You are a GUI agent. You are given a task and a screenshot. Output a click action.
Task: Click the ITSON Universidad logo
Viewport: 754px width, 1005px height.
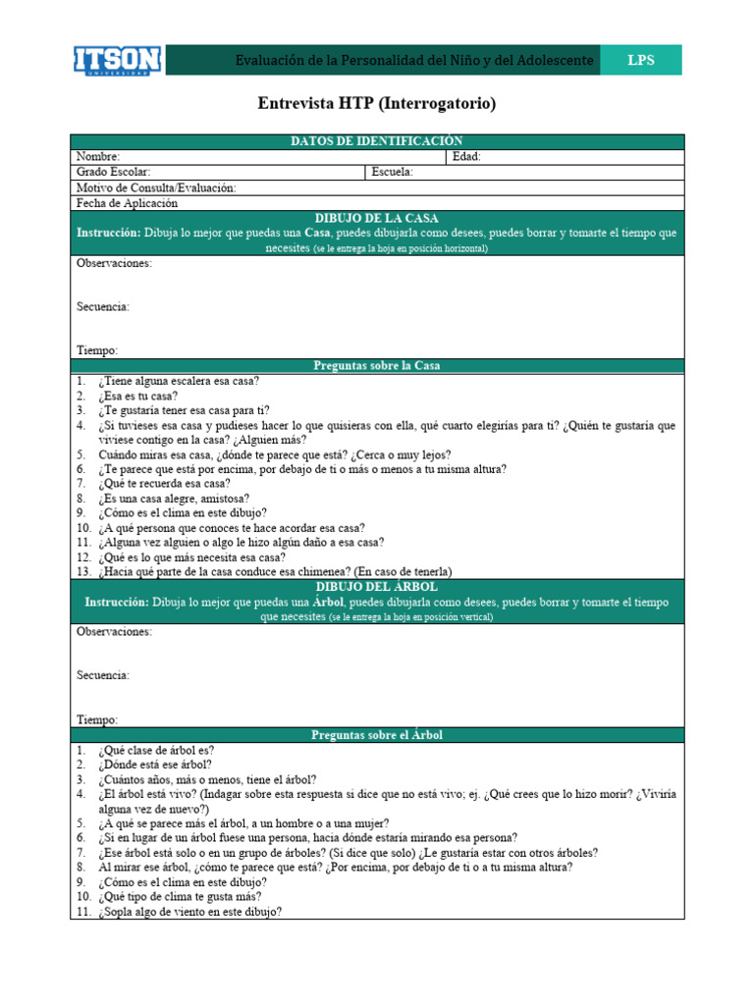point(119,60)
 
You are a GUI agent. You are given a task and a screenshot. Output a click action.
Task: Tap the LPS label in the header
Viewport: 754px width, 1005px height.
point(640,61)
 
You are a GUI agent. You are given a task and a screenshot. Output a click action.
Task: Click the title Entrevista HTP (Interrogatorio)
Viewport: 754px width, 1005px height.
point(376,103)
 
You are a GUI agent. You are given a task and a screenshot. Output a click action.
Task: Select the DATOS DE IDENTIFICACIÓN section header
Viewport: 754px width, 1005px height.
point(376,141)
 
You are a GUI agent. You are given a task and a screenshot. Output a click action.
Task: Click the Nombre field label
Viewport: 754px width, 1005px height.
point(98,157)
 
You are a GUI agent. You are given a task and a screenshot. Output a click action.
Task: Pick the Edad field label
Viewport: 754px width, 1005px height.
point(466,157)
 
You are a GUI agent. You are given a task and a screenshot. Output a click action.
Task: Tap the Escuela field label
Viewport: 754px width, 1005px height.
point(393,172)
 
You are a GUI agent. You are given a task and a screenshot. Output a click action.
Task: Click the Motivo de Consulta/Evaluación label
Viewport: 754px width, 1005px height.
point(156,187)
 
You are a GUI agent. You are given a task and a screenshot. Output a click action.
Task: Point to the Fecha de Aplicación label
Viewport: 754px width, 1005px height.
point(128,203)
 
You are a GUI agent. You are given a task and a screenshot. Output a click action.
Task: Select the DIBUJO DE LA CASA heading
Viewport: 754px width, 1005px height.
point(376,218)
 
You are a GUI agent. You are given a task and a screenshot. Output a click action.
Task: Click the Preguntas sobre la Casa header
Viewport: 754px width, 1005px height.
point(376,365)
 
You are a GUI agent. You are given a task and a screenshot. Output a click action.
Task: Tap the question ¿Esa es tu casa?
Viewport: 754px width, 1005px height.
point(137,396)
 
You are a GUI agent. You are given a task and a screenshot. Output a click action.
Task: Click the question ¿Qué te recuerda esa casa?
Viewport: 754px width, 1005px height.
point(164,483)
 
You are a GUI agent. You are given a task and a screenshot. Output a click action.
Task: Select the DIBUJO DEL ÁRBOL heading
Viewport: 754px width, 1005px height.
point(376,586)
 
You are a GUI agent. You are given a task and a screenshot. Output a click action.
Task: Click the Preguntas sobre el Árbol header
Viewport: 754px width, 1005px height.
point(376,734)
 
